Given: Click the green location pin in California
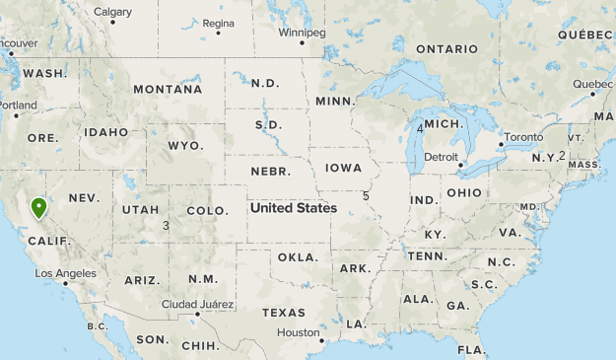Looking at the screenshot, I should (x=39, y=207).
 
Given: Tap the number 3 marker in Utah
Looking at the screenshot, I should (x=166, y=226).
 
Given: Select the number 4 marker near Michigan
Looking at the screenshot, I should (x=421, y=128).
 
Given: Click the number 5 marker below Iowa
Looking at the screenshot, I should (x=366, y=196).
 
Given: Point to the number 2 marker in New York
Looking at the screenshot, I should (x=562, y=155).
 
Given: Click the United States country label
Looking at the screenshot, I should (x=293, y=208).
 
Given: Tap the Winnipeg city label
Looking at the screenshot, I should (x=304, y=31).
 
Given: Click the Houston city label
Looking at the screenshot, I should (x=298, y=332).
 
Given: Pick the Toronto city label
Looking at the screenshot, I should (x=522, y=137).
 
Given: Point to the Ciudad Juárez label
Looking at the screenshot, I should (x=197, y=302).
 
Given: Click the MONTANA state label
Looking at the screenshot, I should (x=168, y=89).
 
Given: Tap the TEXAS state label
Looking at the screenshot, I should (x=284, y=313).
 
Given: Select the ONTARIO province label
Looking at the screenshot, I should (x=447, y=49).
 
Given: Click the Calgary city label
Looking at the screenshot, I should (x=112, y=12).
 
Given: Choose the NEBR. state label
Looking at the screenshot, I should (x=270, y=172).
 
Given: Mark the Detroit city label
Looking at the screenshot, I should (x=441, y=157).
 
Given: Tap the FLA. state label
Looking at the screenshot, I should (x=471, y=350).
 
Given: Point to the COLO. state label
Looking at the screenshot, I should (x=207, y=210).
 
